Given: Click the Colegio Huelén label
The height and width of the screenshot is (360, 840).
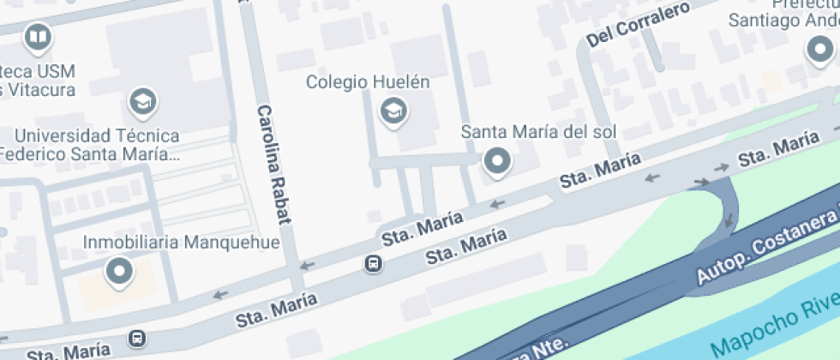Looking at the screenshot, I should (x=368, y=83).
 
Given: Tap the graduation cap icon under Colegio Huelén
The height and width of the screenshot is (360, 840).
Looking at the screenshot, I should (x=393, y=110).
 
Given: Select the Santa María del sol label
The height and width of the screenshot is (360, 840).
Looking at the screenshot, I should (x=538, y=132).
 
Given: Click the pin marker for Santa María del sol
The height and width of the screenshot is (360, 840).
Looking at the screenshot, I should (x=496, y=160).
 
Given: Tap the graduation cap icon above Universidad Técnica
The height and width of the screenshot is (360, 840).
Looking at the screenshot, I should (x=142, y=102).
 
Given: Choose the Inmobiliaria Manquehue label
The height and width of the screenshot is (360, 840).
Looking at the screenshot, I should (x=181, y=243).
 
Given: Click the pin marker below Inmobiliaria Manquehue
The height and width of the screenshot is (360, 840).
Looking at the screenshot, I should (x=119, y=272).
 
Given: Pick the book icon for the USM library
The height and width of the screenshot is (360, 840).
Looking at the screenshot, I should (x=38, y=37).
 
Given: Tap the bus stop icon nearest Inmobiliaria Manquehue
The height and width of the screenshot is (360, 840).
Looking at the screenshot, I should (x=137, y=339).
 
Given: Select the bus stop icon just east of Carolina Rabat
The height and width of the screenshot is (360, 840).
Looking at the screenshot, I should (x=374, y=263).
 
